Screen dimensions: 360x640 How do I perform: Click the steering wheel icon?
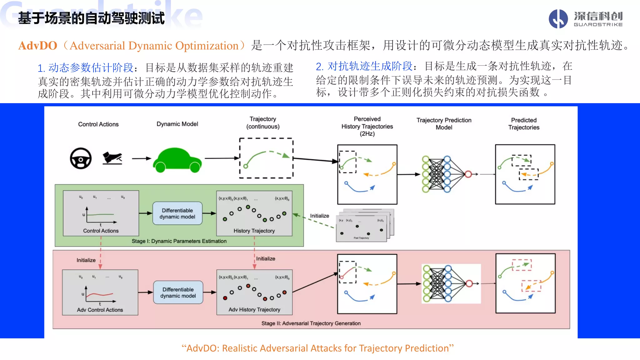click(x=81, y=158)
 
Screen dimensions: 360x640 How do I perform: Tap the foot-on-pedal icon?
click(x=112, y=158)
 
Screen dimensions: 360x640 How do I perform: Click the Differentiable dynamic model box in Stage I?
click(x=177, y=213)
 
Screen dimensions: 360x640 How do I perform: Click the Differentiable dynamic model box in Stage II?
click(x=178, y=292)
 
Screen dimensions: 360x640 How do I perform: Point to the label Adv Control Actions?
click(x=100, y=310)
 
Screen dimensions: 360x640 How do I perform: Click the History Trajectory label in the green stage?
click(x=254, y=231)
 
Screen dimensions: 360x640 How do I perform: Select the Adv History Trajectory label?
click(x=254, y=310)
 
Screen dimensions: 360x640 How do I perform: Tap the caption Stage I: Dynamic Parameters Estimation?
click(x=179, y=241)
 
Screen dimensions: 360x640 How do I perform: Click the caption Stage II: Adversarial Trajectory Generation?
click(x=311, y=323)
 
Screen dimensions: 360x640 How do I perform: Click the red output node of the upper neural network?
click(x=468, y=174)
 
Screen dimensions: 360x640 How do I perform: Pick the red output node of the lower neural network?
click(x=469, y=283)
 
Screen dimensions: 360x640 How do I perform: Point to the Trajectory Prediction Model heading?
click(x=444, y=124)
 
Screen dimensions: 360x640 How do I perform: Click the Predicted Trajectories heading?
click(x=524, y=124)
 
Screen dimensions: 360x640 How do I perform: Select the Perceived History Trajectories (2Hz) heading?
click(x=367, y=126)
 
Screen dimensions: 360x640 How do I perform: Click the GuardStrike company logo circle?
click(x=558, y=19)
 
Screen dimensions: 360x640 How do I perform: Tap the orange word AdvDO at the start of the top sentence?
click(x=38, y=46)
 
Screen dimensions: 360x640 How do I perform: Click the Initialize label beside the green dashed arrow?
click(x=319, y=216)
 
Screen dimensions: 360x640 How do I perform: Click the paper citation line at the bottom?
click(x=317, y=348)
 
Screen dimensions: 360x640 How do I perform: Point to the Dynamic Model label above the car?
click(x=177, y=124)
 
